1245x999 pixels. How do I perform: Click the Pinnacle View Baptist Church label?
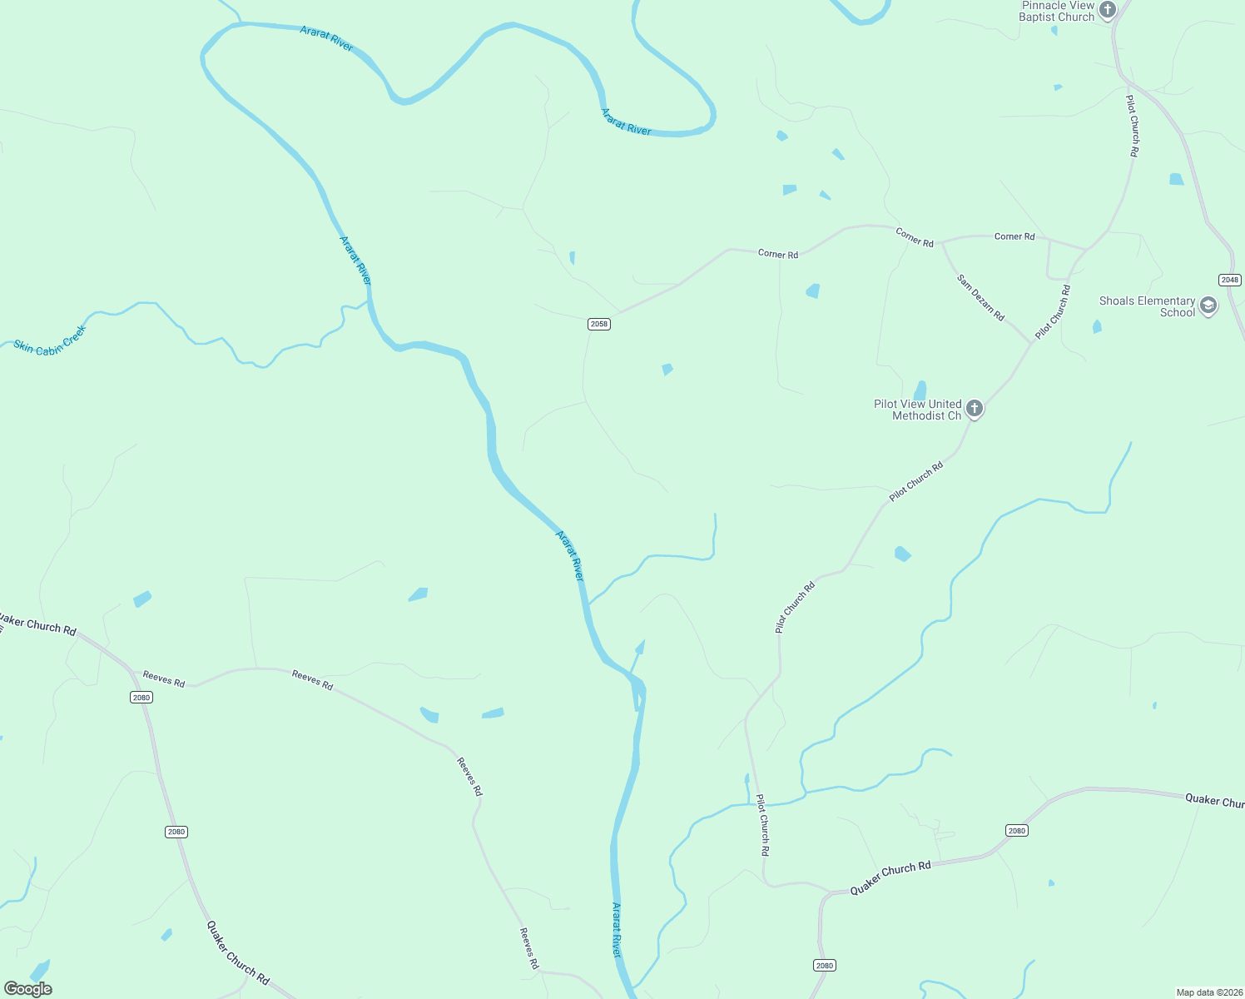click(1058, 11)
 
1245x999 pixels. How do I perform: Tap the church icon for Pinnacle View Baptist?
click(1107, 10)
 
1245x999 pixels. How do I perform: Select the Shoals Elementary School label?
click(1147, 306)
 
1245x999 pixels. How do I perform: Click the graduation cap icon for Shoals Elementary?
click(1208, 306)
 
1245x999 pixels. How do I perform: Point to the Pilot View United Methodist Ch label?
click(917, 410)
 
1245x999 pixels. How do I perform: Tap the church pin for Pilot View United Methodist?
click(975, 409)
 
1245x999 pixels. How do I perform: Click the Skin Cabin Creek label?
click(50, 340)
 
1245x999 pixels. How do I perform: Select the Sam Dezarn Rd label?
click(980, 298)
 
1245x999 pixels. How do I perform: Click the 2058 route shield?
click(599, 324)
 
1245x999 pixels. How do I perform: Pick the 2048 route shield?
click(1229, 280)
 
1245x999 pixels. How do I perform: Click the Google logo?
click(28, 989)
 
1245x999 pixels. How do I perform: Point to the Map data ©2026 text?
click(1208, 992)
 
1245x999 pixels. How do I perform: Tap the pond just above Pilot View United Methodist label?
click(920, 390)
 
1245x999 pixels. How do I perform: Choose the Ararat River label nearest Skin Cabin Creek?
click(355, 261)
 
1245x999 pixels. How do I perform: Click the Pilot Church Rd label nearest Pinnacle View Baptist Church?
click(1133, 126)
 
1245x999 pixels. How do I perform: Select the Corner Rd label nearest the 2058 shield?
click(778, 254)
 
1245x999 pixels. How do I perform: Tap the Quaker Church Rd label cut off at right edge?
click(1214, 800)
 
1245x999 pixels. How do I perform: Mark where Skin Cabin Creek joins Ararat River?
click(368, 301)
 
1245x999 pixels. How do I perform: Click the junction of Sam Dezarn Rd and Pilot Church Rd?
click(1033, 342)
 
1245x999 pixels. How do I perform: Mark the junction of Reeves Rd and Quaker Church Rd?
click(131, 671)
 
